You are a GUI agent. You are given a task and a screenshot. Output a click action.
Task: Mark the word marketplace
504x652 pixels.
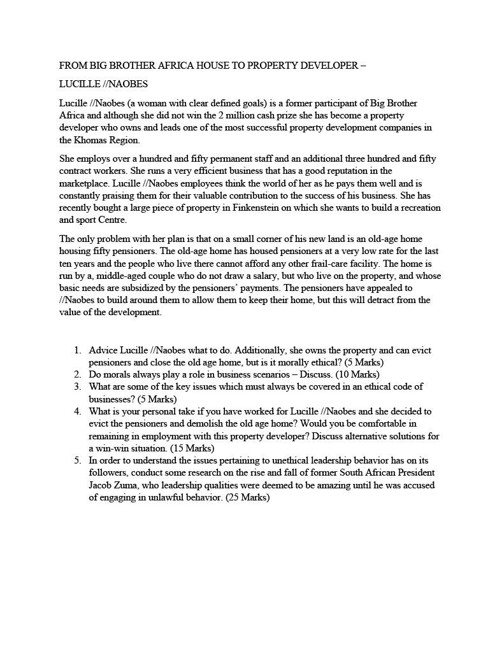pos(83,183)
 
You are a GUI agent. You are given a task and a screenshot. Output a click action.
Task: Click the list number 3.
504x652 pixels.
pos(77,386)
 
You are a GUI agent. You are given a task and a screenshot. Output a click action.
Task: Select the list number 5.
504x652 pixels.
pos(77,460)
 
